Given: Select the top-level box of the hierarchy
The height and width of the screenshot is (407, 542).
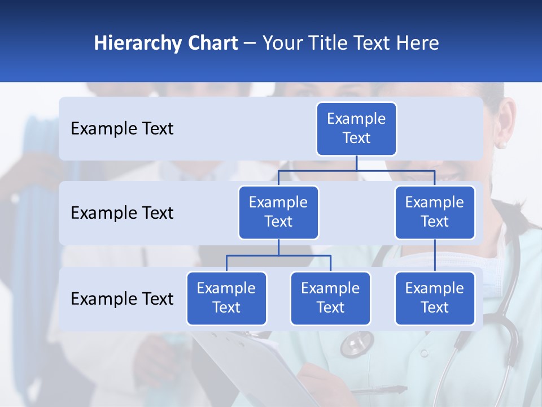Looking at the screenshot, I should pos(356,129).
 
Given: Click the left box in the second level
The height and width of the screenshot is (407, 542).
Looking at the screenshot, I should pos(278,213).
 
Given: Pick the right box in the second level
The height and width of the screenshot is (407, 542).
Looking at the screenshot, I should pos(435,213).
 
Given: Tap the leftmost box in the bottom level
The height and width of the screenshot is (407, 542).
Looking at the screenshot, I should pos(226,298).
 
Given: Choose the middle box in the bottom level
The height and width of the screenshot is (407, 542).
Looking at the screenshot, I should pos(330,298).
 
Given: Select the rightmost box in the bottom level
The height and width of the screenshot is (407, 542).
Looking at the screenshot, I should pos(435,298).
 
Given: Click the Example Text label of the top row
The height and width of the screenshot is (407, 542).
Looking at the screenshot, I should pos(122,129).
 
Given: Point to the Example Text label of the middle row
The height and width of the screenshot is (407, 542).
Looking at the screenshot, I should pos(122,213).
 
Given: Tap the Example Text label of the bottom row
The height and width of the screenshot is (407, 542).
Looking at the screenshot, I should pos(122,298).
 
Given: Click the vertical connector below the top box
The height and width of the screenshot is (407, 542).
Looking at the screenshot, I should pos(356,163).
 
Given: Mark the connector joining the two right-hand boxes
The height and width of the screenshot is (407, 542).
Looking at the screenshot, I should pos(435,256).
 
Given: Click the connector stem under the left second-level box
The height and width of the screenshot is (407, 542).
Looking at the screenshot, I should pos(278,248).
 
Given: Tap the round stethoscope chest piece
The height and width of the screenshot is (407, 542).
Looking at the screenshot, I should pos(356,343).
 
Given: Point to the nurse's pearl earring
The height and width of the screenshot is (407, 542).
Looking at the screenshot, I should pos(501,145).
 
